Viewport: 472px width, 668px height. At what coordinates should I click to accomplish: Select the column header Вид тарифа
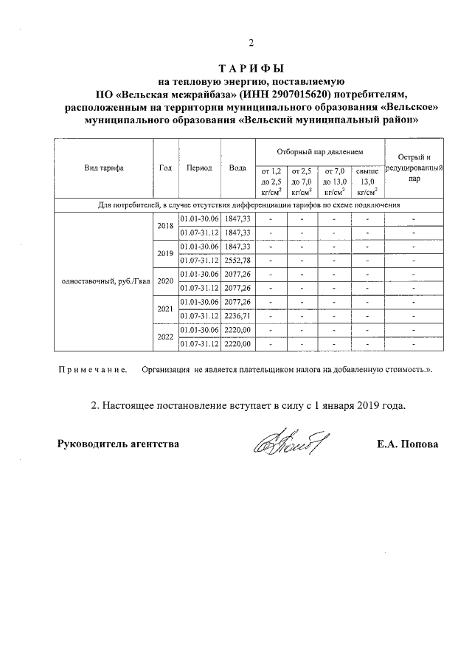tap(103, 168)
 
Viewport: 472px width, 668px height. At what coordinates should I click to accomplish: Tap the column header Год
tap(165, 168)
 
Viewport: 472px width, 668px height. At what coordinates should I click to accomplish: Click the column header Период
tap(199, 168)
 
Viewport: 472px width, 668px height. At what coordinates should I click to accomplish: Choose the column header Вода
tap(237, 168)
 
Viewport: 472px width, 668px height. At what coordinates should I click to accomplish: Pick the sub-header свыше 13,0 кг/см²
tap(367, 180)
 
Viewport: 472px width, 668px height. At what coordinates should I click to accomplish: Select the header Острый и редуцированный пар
tap(414, 168)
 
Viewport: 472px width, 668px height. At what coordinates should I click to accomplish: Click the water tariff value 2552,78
tap(237, 261)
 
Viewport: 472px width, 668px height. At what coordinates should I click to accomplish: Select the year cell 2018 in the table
tap(165, 226)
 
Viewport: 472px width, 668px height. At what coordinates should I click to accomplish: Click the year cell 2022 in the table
tap(165, 337)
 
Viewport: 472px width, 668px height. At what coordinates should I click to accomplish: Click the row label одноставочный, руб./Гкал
tap(103, 281)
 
